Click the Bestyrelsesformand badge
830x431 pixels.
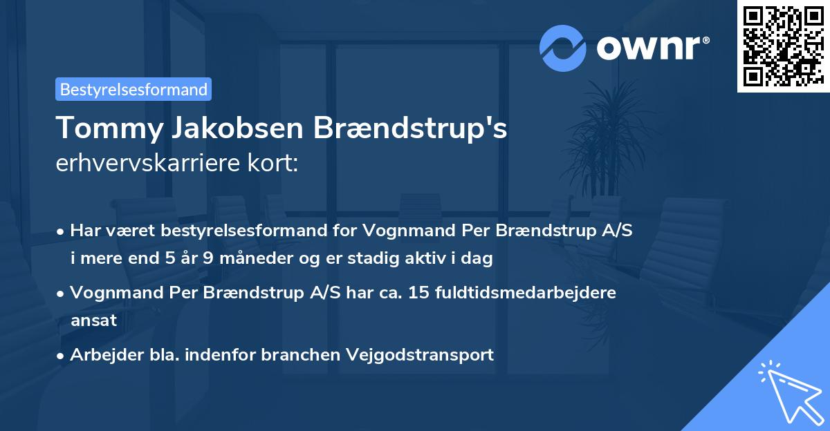click(133, 89)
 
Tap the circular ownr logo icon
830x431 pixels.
click(562, 48)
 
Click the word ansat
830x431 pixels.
click(93, 320)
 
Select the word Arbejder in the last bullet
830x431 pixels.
click(100, 355)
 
